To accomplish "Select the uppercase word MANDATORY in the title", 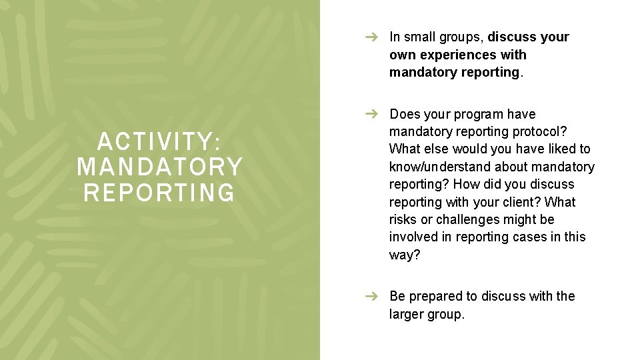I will (x=159, y=167).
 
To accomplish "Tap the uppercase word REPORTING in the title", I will (x=159, y=192).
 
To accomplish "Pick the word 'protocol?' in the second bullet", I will (x=539, y=132).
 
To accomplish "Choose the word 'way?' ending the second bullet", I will (x=405, y=255).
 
